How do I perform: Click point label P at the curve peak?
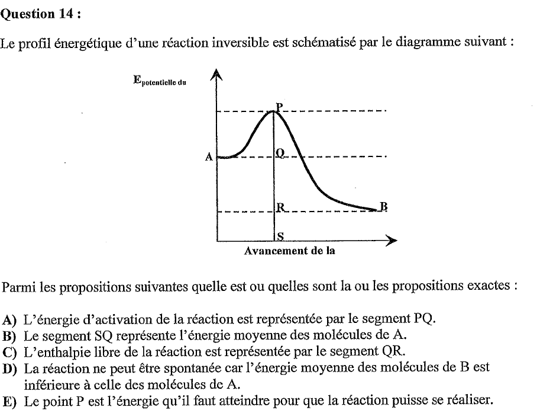pos(279,107)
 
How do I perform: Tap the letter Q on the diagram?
pos(280,153)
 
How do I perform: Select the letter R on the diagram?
pos(281,207)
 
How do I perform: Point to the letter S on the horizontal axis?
pos(281,236)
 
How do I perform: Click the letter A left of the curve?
pos(209,158)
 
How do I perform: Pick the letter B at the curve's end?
pos(383,207)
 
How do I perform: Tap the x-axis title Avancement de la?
pos(290,251)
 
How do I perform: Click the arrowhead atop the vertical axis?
pos(216,74)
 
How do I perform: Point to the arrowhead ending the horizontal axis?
pos(390,241)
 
